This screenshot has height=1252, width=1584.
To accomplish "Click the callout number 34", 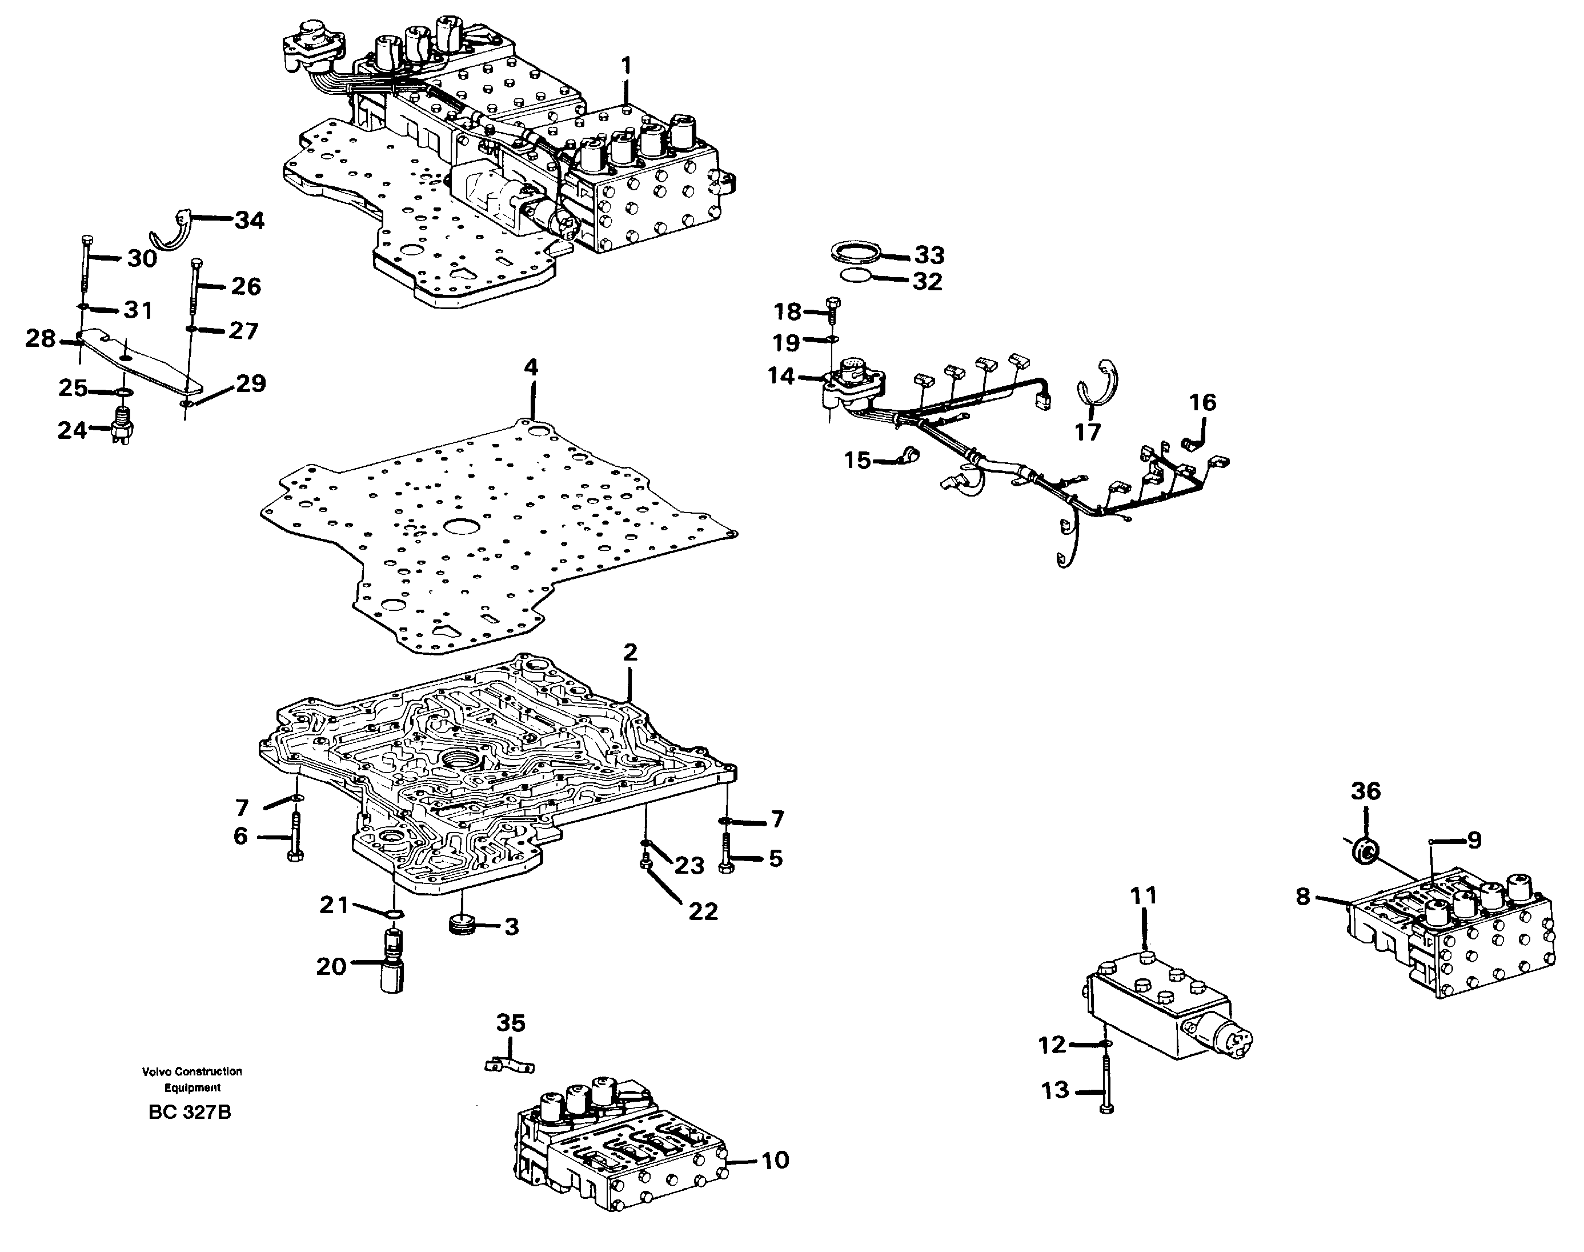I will [248, 220].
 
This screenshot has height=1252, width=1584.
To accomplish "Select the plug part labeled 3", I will [462, 925].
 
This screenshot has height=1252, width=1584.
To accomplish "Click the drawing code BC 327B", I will [189, 1113].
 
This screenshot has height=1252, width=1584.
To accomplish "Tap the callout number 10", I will [775, 1161].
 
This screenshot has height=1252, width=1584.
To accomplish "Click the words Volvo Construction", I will [192, 1071].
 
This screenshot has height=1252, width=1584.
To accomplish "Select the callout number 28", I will [41, 339].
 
